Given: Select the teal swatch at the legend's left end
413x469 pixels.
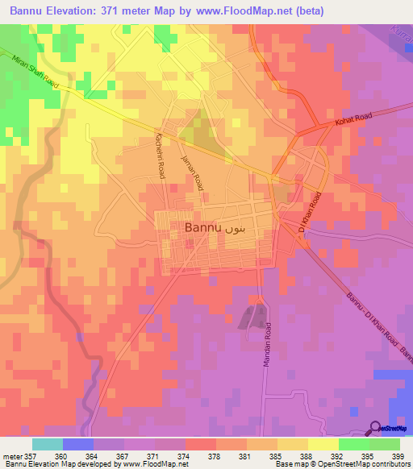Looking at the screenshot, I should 48,443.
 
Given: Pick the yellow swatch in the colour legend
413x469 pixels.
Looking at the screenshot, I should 323,443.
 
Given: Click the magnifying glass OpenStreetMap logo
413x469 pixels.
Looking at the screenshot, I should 376,428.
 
